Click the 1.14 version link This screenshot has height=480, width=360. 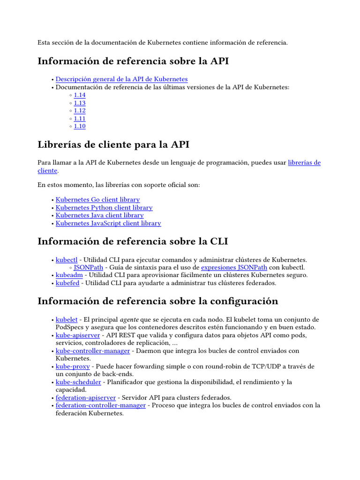[80, 95]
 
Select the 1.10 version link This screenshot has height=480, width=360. [80, 127]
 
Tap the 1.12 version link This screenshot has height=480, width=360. [80, 111]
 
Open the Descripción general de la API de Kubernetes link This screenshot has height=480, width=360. [121, 79]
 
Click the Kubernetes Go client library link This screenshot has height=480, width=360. [97, 200]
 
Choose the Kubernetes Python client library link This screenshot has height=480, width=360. [104, 208]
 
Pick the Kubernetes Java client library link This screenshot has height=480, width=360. [99, 216]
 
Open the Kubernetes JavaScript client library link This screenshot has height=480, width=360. [108, 224]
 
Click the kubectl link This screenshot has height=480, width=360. [67, 260]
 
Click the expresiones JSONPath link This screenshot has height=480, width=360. [234, 268]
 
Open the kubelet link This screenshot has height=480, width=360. [67, 320]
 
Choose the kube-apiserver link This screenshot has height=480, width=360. [78, 336]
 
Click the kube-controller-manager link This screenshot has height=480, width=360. [93, 351]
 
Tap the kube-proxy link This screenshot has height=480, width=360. [73, 367]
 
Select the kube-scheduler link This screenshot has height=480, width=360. [78, 382]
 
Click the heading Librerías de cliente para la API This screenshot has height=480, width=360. [113, 144]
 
